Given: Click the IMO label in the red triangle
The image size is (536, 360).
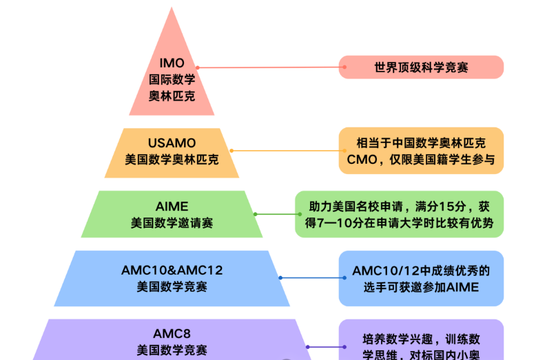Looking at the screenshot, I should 172,63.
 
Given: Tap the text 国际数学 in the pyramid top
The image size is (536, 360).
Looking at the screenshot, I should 172,79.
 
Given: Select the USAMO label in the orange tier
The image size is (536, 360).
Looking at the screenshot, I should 172,143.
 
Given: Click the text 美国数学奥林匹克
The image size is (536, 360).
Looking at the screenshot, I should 172,159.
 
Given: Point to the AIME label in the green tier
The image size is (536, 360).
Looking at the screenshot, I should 172,207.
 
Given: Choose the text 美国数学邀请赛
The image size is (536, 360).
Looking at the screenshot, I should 172,223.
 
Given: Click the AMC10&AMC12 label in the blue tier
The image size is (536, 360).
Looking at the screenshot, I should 172,270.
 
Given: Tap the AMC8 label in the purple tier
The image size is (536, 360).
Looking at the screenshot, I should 172,333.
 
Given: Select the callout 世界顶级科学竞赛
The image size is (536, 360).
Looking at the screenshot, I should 421,67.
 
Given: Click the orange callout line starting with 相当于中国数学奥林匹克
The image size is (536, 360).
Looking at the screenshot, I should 421,143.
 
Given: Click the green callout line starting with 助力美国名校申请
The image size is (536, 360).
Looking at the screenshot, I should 399,207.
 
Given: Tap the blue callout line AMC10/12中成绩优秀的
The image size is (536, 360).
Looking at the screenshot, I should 421,270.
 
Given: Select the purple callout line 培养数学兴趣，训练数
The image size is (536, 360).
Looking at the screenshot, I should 421,339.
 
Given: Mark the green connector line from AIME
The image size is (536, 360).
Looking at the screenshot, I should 275,214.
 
